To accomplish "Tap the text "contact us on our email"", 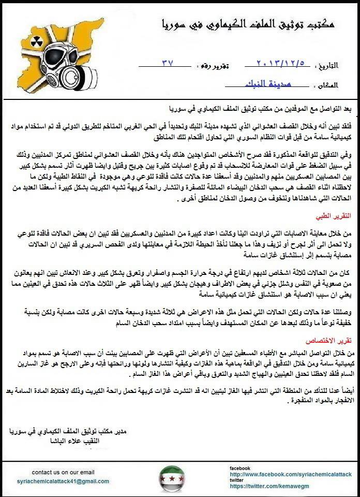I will click(x=63, y=472).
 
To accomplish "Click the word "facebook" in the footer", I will click(x=241, y=468).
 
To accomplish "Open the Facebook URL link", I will click(x=291, y=474).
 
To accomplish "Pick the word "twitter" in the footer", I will click(x=238, y=480).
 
